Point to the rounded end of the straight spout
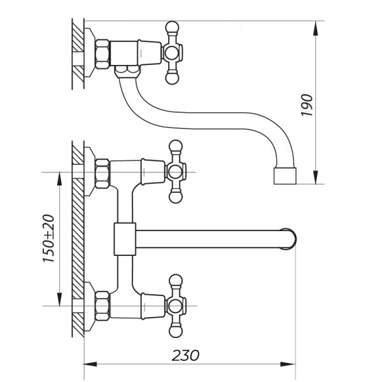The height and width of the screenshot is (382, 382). (x=290, y=239)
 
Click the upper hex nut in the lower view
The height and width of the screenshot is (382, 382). (x=101, y=173)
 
